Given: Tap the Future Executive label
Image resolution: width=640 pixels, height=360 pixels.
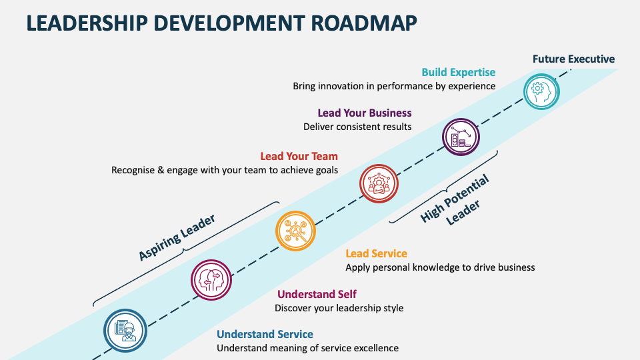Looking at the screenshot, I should [573, 59].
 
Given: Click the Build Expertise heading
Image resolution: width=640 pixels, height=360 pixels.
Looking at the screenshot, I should [458, 72].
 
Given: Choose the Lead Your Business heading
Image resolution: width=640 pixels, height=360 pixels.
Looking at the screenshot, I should [364, 113].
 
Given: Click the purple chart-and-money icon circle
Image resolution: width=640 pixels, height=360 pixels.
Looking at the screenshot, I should [461, 137].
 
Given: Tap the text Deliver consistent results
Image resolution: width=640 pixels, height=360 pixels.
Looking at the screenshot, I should [357, 126].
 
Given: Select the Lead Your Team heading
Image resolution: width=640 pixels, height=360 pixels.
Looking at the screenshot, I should [299, 157].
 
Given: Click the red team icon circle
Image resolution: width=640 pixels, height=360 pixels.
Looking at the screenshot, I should [379, 183].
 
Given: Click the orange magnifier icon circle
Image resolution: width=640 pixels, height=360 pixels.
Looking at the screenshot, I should [295, 230].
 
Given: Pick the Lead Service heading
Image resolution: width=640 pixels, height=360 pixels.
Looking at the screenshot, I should [376, 253].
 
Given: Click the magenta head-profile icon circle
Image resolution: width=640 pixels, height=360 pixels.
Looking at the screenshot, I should [211, 279].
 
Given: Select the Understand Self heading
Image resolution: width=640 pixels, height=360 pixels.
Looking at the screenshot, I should [317, 294].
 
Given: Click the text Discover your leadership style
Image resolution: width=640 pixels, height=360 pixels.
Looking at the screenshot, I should [339, 308].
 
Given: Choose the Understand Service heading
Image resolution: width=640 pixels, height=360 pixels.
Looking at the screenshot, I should [265, 334].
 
